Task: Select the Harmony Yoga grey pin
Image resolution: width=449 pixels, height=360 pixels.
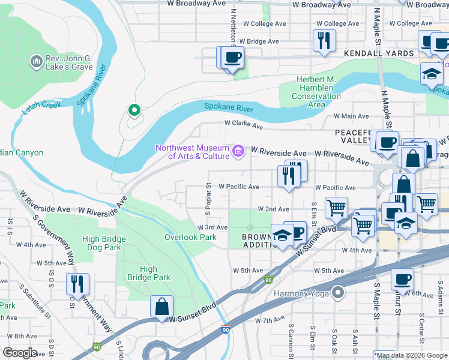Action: tap(339, 293)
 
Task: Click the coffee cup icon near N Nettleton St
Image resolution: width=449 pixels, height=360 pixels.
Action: tap(232, 58)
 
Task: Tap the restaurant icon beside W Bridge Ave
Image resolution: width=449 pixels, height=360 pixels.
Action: tap(324, 41)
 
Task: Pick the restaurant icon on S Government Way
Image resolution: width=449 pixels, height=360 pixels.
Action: tap(77, 283)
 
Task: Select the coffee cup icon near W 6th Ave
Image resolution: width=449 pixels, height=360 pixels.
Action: tap(402, 279)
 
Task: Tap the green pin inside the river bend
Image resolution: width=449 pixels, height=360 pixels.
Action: tap(134, 110)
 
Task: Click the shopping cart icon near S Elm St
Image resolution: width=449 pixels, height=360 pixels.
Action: tap(336, 208)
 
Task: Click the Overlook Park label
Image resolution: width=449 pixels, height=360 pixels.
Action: tap(190, 237)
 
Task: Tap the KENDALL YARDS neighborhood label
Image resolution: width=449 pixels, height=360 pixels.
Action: tap(379, 53)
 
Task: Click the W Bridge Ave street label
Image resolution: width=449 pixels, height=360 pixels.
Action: tap(259, 41)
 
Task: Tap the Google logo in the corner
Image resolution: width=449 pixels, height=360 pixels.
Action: tap(20, 353)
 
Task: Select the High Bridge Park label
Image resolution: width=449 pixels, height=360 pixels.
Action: tap(149, 273)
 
